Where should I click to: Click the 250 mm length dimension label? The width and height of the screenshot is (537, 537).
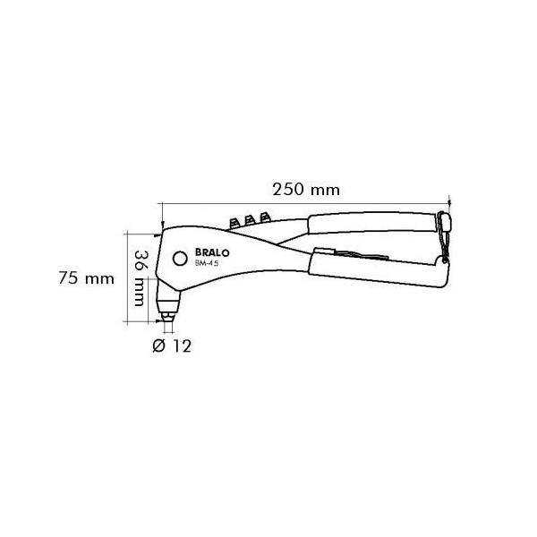point(306,190)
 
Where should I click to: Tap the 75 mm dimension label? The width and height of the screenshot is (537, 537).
point(86,278)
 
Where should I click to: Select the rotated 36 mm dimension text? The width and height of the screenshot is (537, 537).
point(139,278)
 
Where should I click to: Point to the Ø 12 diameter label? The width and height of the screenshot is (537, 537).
point(172,345)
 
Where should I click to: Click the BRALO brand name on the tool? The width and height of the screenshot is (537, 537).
point(212,252)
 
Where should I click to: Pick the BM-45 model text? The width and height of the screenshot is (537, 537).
point(207,263)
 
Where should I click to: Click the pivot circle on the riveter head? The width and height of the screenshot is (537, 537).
point(180,259)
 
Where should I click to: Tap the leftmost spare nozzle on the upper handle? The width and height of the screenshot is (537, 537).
point(234,223)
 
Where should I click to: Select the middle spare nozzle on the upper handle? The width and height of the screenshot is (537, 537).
point(250,220)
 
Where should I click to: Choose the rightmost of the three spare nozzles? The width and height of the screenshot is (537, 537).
point(265,217)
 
